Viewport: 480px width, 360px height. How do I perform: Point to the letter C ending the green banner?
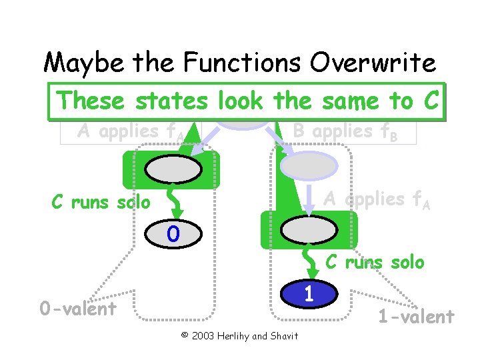pos(429,101)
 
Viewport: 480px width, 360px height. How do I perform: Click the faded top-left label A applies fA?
pos(131,131)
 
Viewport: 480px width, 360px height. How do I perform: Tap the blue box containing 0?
pos(173,234)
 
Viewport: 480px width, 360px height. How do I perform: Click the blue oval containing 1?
pos(309,294)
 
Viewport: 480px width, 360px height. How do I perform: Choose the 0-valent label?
pos(77,309)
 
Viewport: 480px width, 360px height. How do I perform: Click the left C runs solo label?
pos(101,202)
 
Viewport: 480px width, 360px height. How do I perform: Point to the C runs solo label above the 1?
pos(374,262)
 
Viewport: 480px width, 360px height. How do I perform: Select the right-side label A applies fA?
pos(377,199)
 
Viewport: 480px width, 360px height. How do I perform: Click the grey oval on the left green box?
pos(171,170)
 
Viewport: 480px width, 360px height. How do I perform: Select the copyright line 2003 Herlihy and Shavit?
pos(239,335)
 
